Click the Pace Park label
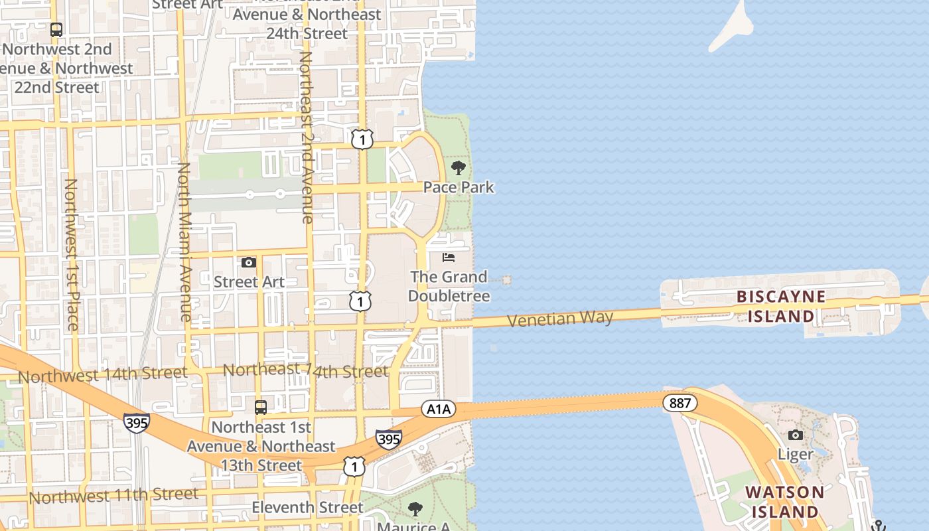pos(459,187)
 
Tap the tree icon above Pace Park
pos(458,167)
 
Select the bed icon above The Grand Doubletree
pos(449,257)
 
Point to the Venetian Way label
pos(560,319)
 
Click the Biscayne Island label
pos(781,306)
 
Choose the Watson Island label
pos(784,502)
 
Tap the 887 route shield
pos(680,402)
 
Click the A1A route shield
pos(438,410)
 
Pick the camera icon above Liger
pos(795,435)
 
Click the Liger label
pos(795,455)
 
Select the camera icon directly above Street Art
pos(249,263)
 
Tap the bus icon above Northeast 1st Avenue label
pos(261,407)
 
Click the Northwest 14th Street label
pos(103,375)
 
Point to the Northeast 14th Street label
pos(305,370)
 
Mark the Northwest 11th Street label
pos(113,495)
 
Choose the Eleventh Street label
pos(307,508)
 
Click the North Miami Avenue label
pos(184,242)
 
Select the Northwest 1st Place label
pos(71,254)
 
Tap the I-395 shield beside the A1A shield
pos(388,439)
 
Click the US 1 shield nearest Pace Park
pos(362,139)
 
